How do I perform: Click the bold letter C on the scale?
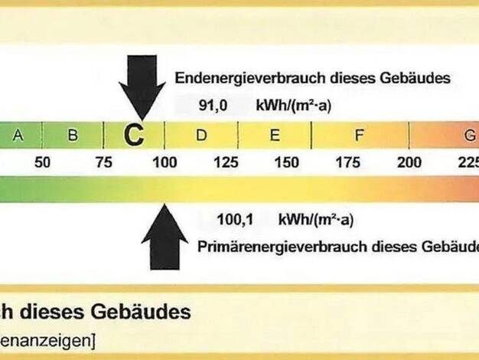[x=134, y=136]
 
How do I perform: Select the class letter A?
[x=18, y=136]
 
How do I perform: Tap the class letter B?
[x=73, y=136]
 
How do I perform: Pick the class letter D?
[x=201, y=136]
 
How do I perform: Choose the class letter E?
[x=274, y=136]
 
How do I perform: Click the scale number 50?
[x=42, y=162]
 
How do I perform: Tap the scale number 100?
[x=165, y=162]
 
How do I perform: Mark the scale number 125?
[x=226, y=162]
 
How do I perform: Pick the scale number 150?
[x=287, y=162]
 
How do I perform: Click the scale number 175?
[x=348, y=162]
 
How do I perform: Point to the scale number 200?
[x=409, y=162]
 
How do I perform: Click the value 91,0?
[x=213, y=106]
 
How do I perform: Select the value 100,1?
[x=234, y=221]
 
